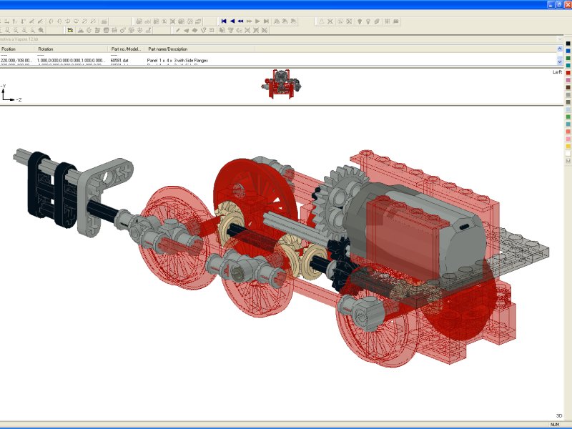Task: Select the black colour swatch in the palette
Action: [568, 44]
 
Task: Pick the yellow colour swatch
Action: [568, 146]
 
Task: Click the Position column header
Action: [9, 49]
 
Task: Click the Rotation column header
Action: [46, 49]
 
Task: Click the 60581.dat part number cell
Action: [119, 61]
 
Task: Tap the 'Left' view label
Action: [557, 72]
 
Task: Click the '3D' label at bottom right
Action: [558, 415]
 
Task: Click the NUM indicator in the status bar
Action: [554, 425]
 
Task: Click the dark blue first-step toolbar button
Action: [224, 21]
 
